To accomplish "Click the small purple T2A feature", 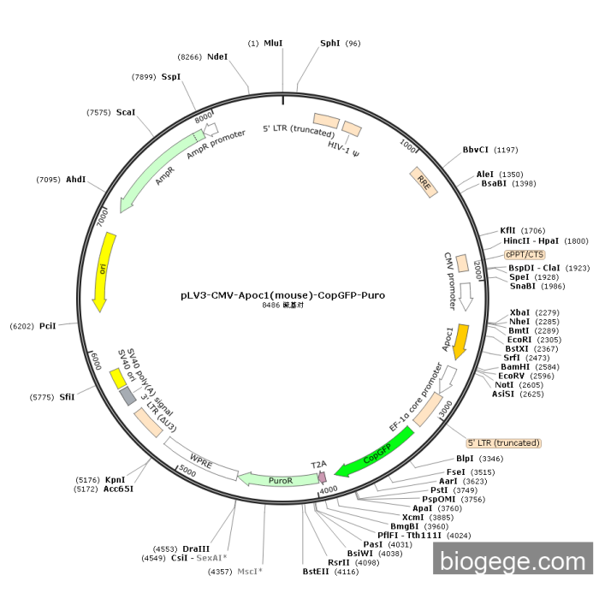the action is (323, 477).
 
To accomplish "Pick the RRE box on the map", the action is (424, 182).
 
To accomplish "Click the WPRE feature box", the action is (201, 460).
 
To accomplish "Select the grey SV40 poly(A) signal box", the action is (128, 395).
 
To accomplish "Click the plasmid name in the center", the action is (282, 295).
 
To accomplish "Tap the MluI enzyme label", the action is (273, 43).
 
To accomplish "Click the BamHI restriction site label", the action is (515, 367).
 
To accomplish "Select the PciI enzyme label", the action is (48, 326).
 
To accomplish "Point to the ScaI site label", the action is (126, 112).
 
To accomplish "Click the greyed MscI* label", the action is (250, 572).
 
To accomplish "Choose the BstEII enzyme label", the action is (316, 572).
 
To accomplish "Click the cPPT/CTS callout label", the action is (525, 254).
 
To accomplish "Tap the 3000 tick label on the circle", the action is (446, 410).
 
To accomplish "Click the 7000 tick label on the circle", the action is (103, 217).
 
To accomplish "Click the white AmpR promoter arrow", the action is (211, 129).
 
